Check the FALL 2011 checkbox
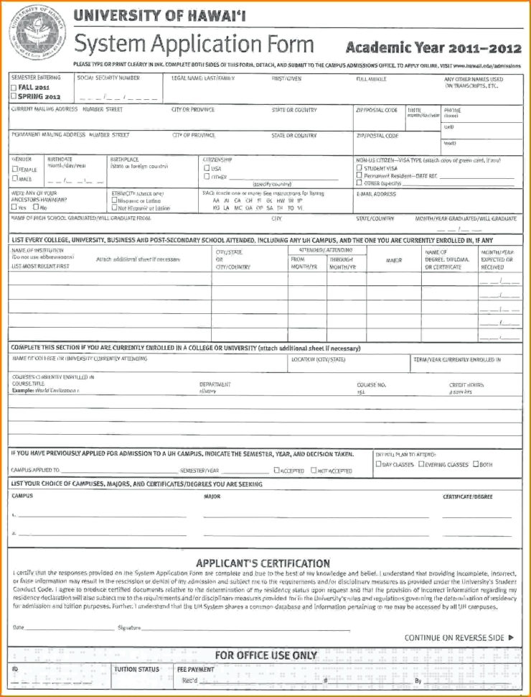point(14,86)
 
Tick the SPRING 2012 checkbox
point(14,96)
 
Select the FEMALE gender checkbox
point(14,169)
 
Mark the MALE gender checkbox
point(14,178)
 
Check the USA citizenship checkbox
point(207,167)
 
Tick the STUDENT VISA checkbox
point(359,167)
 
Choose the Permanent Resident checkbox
point(359,175)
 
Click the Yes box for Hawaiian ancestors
point(14,208)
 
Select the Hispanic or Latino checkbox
point(113,201)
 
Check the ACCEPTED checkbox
point(276,471)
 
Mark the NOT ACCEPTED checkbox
point(314,471)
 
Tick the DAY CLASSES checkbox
point(378,464)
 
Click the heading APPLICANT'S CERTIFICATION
point(263,563)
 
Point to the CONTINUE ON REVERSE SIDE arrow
point(511,637)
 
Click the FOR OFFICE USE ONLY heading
point(265,655)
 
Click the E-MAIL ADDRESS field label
point(376,194)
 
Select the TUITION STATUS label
point(136,670)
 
